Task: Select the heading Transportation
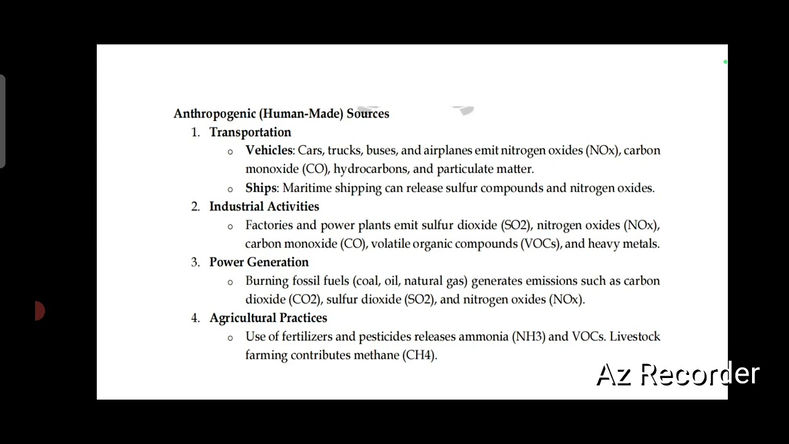(250, 132)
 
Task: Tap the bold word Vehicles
(269, 150)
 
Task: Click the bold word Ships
(261, 188)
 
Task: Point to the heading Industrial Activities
(264, 207)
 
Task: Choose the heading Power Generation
(259, 262)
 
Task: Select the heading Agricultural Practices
(268, 318)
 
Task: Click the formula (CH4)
(420, 355)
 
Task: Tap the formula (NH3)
(529, 337)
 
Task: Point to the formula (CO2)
(305, 300)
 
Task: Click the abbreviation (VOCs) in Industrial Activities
(541, 244)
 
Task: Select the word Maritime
(306, 188)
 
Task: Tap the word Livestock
(635, 337)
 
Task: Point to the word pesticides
(385, 337)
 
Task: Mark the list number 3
(195, 262)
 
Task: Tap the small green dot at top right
(726, 62)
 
